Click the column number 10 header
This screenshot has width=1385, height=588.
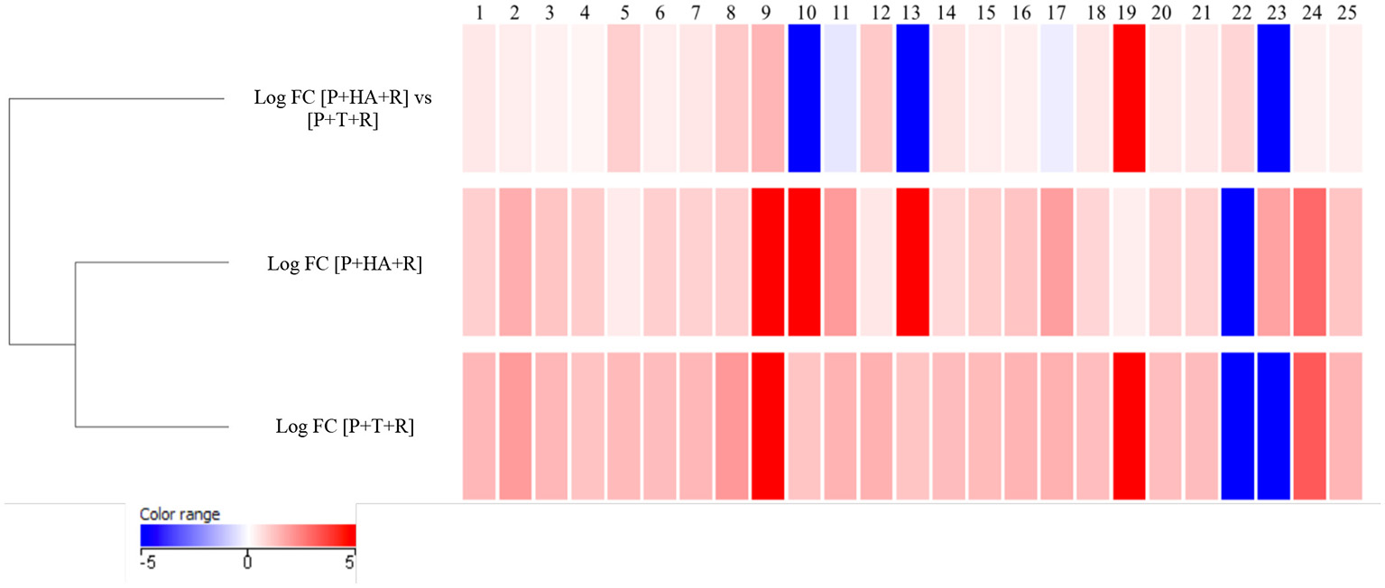[x=804, y=12]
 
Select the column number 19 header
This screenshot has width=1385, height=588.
[x=1129, y=12]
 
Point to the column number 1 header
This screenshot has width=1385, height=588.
[x=479, y=12]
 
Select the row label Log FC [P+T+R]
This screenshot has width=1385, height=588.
[x=345, y=427]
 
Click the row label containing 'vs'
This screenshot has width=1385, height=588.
[x=342, y=110]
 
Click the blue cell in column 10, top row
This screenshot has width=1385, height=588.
[x=804, y=97]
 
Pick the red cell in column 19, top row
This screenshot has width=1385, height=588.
[x=1129, y=97]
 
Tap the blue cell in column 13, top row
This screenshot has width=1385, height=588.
[x=912, y=97]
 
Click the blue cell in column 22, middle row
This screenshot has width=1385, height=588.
[x=1237, y=262]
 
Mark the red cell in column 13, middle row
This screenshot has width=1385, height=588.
[x=912, y=262]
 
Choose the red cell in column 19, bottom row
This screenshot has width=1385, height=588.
[x=1129, y=426]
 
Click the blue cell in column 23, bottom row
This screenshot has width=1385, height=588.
[x=1273, y=426]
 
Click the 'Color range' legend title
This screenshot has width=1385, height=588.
[x=180, y=514]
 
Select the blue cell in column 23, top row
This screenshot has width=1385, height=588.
[x=1273, y=97]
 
